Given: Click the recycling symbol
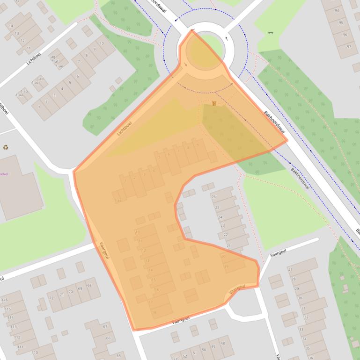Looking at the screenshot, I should click(x=6, y=147).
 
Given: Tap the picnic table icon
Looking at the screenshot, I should click(x=271, y=33).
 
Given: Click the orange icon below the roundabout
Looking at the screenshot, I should click(x=214, y=103).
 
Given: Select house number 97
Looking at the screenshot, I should click(x=348, y=47).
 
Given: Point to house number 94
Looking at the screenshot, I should click(x=337, y=10).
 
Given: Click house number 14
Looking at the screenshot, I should click(x=10, y=26).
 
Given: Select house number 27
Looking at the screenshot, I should click(x=290, y=270).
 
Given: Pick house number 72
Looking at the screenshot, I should click(x=51, y=297).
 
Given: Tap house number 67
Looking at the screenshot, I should click(x=105, y=326).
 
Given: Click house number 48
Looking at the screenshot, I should click(x=222, y=343).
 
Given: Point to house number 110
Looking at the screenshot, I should click(x=35, y=353).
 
